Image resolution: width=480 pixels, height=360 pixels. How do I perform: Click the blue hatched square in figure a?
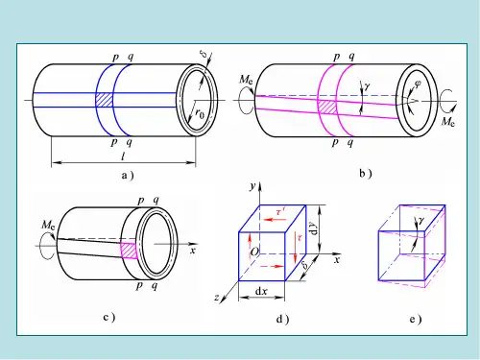[105, 100]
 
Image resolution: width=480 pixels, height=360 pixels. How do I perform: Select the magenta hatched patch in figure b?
[327, 107]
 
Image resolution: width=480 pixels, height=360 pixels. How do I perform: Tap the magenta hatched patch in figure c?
[129, 251]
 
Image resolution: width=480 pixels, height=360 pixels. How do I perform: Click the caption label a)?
[128, 176]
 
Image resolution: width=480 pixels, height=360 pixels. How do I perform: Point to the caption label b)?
[366, 174]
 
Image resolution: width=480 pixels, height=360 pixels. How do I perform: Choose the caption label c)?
[109, 317]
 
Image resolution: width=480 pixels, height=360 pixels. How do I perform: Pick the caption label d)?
[282, 319]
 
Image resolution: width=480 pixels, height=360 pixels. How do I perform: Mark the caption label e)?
[416, 319]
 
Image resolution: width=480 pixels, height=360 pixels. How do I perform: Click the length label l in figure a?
[123, 156]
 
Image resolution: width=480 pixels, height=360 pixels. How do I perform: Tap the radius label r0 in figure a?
[200, 113]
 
